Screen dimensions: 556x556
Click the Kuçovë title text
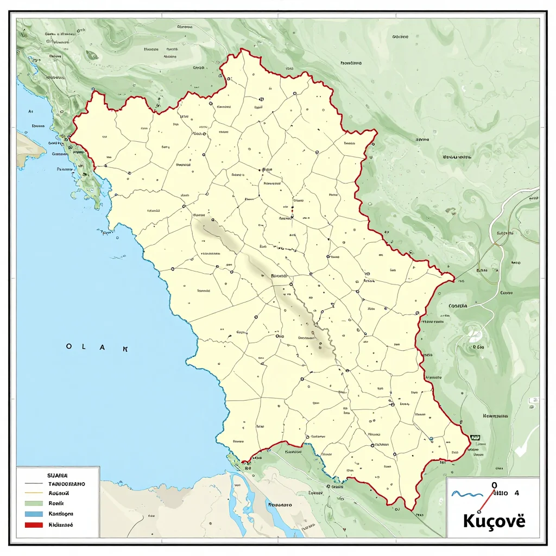494,520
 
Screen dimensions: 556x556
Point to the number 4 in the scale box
516,494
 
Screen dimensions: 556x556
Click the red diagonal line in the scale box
486,500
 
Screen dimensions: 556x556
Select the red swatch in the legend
34,525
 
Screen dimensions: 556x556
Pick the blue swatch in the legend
34,514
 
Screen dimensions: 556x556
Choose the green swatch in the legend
34,503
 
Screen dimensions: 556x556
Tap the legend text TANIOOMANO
66,483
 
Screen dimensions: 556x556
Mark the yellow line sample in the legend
34,493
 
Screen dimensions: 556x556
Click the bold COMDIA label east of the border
458,306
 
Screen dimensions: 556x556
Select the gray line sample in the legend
34,483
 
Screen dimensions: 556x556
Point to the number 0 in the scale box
494,485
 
